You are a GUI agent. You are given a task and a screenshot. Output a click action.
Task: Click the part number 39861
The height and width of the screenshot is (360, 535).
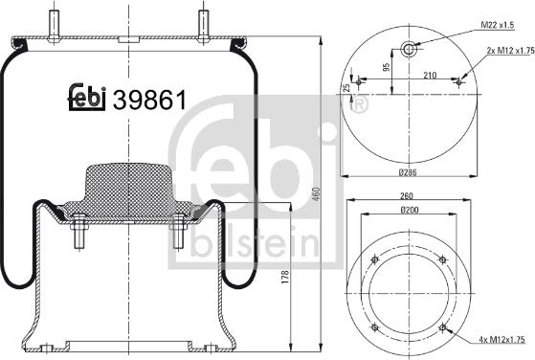click(150, 98)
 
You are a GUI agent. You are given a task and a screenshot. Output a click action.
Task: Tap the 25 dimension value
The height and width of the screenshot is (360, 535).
click(347, 88)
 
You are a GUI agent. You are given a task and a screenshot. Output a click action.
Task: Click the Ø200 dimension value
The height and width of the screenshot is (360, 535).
click(409, 210)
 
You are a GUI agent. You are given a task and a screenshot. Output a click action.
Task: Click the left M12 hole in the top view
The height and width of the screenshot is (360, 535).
click(358, 82)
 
